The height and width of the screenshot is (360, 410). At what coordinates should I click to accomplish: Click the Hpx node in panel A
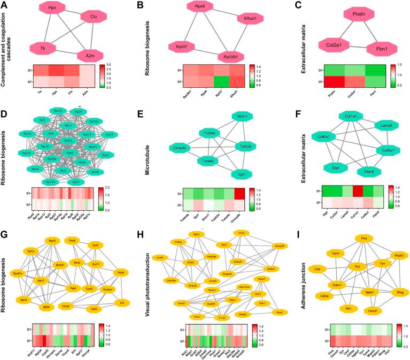pyautogui.click(x=52, y=8)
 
